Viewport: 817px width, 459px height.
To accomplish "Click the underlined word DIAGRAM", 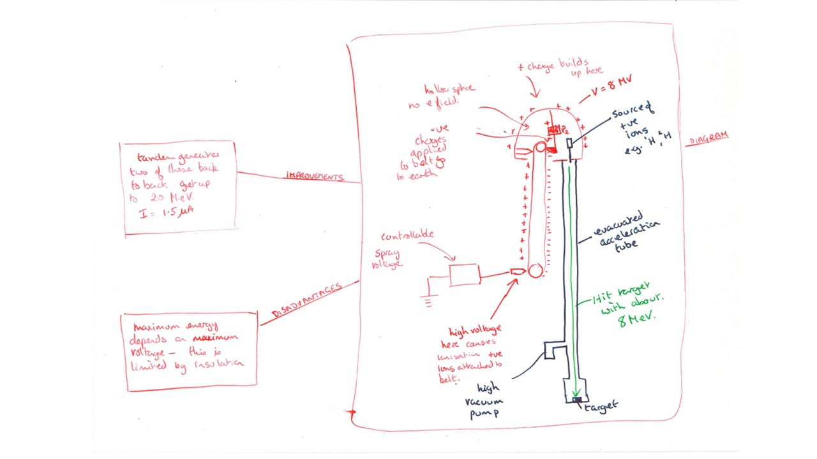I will click(707, 137).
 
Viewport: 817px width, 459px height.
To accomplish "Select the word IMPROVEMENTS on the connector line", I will click(315, 175).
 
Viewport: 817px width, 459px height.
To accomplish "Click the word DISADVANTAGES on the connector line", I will click(307, 300).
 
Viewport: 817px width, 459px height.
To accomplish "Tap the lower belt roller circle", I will click(536, 271).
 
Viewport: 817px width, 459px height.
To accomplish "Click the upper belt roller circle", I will click(541, 148).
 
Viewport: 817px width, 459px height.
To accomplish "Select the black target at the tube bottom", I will click(576, 400).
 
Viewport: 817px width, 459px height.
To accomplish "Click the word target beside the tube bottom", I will click(601, 405).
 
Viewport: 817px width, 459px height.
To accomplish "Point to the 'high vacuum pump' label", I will click(487, 400).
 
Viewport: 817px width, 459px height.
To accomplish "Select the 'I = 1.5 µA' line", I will click(167, 212).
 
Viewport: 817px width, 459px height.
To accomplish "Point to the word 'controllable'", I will click(407, 235).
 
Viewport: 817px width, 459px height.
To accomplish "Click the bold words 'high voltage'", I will click(475, 330).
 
